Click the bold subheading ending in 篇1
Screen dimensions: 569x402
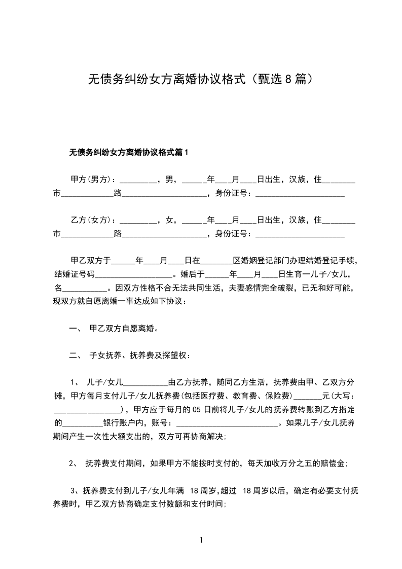tap(128, 152)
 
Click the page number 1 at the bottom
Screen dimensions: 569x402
tap(201, 540)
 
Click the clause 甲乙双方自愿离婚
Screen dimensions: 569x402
tap(124, 328)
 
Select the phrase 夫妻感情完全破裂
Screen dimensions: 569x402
tap(259, 288)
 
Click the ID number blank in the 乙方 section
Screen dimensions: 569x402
tap(300, 234)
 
